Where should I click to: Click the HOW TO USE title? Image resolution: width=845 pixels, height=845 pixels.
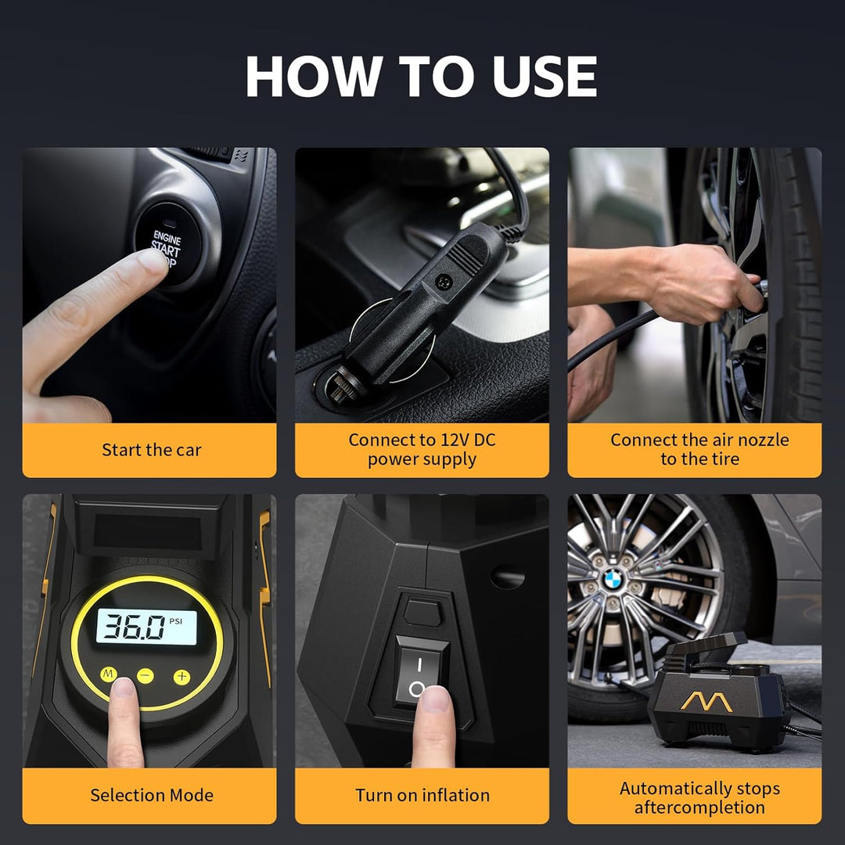pos(421,76)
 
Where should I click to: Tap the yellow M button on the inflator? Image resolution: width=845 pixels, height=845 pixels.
pos(109,674)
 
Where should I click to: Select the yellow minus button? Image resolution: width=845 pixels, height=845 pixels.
pos(145,676)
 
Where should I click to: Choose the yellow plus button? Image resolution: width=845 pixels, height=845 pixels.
pos(182,677)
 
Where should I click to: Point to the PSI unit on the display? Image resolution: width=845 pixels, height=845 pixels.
pos(176,620)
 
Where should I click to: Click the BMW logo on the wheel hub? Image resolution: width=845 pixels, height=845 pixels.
pos(613,580)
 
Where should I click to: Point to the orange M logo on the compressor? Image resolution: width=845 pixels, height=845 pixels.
pos(706,701)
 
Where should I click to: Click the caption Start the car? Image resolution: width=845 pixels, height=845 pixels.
pos(152,450)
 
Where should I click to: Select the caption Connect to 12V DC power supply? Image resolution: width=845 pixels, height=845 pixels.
pos(422,449)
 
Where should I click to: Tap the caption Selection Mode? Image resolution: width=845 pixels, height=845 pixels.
pos(152,795)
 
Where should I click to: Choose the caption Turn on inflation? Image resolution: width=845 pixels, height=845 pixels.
pos(422,795)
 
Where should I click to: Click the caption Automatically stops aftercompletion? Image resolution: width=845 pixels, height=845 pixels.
pos(699,797)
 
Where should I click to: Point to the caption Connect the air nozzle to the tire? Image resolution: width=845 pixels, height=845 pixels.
pos(699,449)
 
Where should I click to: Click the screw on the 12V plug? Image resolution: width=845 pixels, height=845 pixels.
pos(444,280)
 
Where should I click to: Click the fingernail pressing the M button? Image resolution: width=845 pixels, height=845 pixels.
pos(124,687)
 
